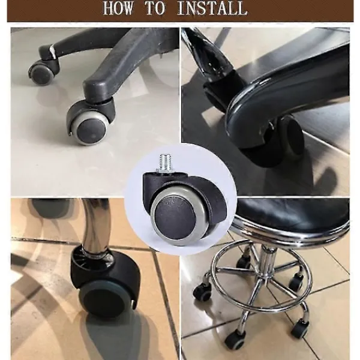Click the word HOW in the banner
click(x=118, y=8)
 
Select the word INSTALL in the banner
click(x=212, y=8)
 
